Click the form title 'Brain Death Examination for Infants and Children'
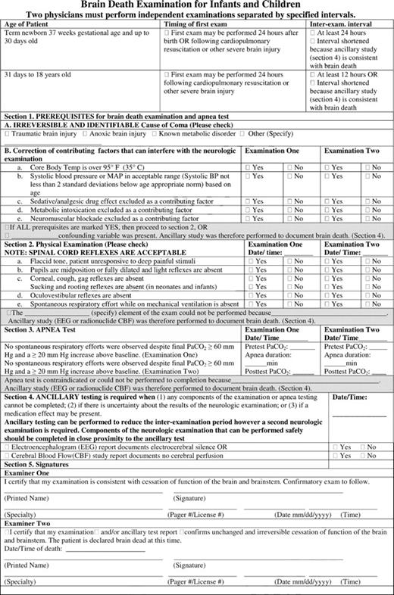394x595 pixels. click(x=197, y=5)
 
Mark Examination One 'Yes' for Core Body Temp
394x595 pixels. click(x=252, y=166)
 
